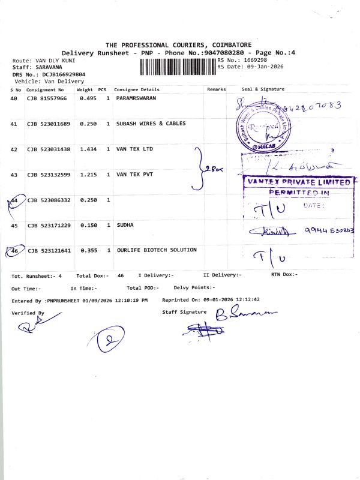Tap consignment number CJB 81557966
pyautogui.click(x=47, y=97)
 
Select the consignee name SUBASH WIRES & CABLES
pyautogui.click(x=151, y=124)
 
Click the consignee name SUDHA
pyautogui.click(x=125, y=225)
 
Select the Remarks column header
pyautogui.click(x=216, y=89)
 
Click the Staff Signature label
pyautogui.click(x=184, y=312)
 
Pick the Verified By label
pyautogui.click(x=28, y=313)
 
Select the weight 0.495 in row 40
pyautogui.click(x=88, y=97)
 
